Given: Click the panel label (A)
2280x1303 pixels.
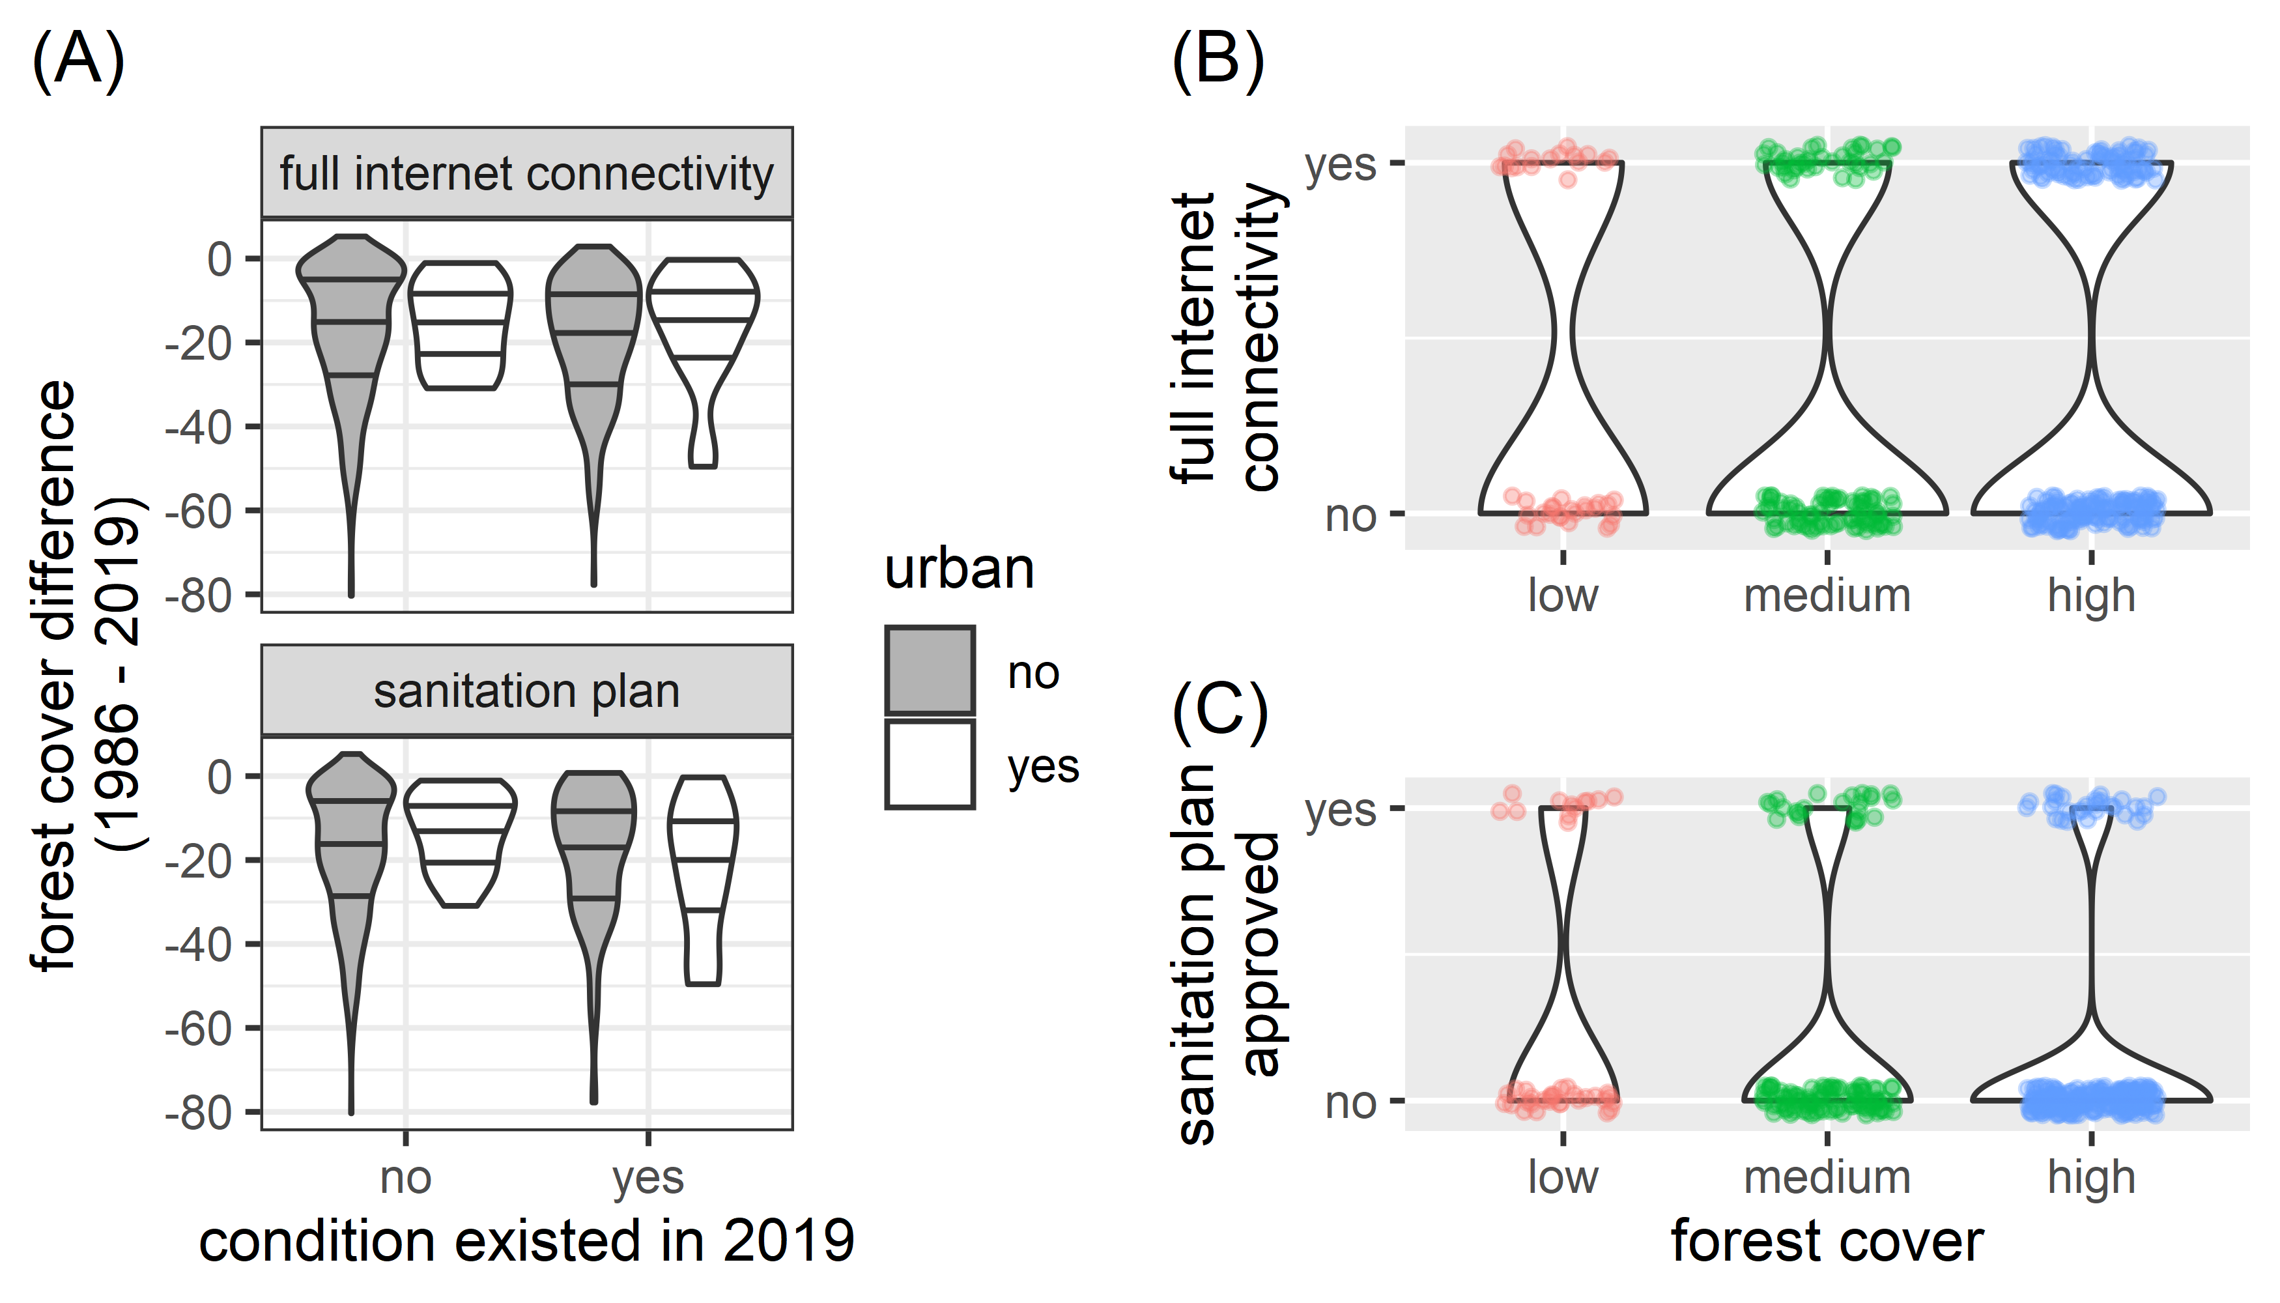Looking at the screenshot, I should pyautogui.click(x=78, y=61).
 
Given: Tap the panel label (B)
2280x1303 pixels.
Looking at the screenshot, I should pyautogui.click(x=1218, y=61).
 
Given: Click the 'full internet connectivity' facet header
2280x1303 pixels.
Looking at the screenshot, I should pyautogui.click(x=526, y=173).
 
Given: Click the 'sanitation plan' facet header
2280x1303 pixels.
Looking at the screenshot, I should pyautogui.click(x=526, y=691).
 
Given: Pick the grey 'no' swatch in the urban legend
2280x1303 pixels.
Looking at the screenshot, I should pyautogui.click(x=930, y=670).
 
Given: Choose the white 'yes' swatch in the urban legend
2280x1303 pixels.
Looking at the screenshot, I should pyautogui.click(x=930, y=764).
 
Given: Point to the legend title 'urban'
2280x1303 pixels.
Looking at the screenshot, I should pyautogui.click(x=960, y=569).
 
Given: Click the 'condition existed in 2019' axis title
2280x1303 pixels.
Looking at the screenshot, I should pyautogui.click(x=526, y=1242).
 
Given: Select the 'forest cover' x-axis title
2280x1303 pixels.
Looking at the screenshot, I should pyautogui.click(x=1827, y=1242).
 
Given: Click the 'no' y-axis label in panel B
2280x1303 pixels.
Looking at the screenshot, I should pyautogui.click(x=1350, y=517).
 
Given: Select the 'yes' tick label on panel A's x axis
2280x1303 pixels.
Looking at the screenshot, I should pyautogui.click(x=648, y=1178).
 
